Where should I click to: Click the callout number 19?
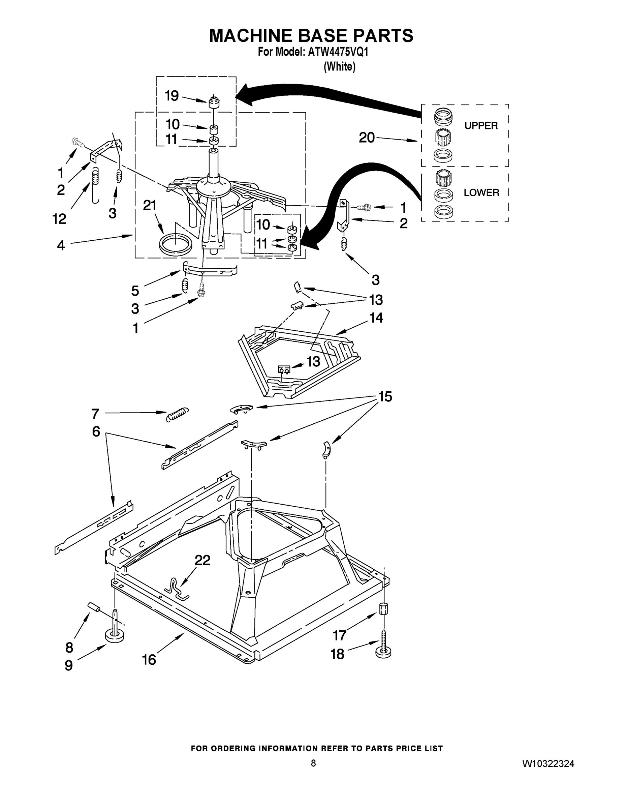tap(172, 96)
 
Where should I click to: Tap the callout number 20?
tap(367, 138)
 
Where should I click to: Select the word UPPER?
tap(481, 126)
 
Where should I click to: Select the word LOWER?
tap(481, 192)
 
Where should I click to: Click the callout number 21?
tap(150, 205)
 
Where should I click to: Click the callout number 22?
tap(202, 561)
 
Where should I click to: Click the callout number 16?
tap(149, 660)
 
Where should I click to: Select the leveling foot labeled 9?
tap(115, 635)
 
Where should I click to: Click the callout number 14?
tap(376, 318)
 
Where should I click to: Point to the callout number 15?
tap(385, 397)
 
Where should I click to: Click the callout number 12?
tap(59, 219)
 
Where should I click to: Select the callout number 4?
tap(61, 245)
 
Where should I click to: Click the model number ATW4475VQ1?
tap(338, 52)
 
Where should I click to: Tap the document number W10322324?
tap(548, 763)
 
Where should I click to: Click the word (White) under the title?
tap(340, 67)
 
